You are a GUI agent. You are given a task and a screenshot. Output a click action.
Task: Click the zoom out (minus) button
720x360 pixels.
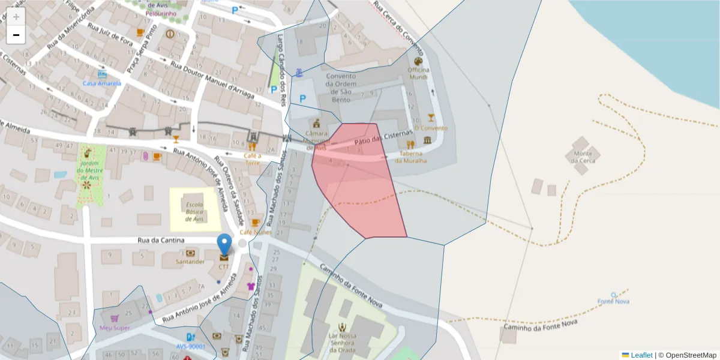coord(16,35)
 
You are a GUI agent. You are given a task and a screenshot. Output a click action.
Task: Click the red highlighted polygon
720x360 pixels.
coord(360,192)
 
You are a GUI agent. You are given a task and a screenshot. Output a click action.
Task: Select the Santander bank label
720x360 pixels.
coord(190,261)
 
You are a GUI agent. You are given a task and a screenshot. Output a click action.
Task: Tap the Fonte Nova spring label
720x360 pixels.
coord(613,301)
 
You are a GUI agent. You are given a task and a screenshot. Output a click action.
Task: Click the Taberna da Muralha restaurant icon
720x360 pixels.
coord(411,145)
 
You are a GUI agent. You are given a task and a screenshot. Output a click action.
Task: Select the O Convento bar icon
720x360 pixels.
coord(431,118)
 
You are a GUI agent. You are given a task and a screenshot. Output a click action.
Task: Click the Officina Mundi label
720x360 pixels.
coord(418,73)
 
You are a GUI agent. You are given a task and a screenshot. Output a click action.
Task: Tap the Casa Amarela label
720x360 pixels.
coord(102,83)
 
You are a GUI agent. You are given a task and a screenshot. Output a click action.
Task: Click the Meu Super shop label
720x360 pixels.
coord(115,328)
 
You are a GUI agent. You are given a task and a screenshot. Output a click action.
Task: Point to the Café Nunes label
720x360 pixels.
coord(256,232)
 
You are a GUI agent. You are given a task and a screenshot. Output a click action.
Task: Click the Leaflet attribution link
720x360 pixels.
coord(641,355)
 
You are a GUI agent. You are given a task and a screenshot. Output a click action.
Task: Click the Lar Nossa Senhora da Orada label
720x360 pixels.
coord(342,343)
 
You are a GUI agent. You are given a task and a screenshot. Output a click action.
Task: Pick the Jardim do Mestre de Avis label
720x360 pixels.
coord(89,170)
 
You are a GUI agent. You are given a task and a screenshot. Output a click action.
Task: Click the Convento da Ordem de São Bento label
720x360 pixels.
coord(341,84)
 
